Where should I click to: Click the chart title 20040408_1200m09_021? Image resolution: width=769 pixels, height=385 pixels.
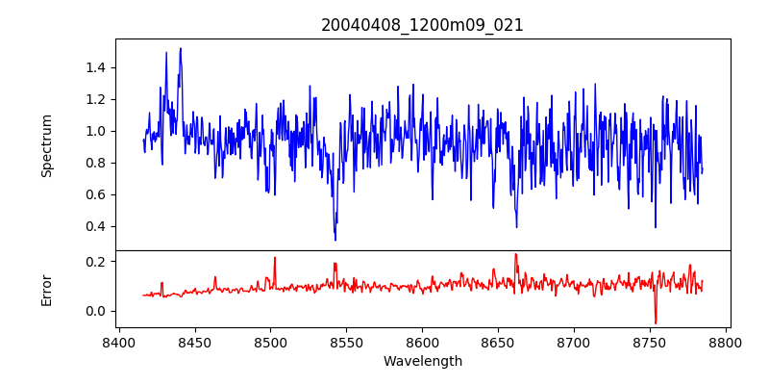tap(422, 25)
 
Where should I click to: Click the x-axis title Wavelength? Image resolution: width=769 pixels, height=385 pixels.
tap(422, 362)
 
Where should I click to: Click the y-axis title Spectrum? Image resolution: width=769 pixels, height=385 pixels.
tap(46, 145)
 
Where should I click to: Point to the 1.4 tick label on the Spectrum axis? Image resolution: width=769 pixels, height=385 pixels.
tap(94, 67)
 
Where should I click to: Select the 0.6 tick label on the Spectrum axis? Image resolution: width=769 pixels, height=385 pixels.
tap(94, 194)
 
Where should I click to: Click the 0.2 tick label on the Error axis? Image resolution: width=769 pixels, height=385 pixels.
tap(94, 262)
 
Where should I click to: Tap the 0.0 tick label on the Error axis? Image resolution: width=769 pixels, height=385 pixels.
tap(94, 311)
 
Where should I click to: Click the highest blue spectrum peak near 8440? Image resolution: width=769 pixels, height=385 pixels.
tap(180, 48)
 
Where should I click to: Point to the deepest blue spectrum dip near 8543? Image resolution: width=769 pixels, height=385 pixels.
tap(335, 240)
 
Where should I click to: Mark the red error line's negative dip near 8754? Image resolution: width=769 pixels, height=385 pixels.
tap(656, 323)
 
